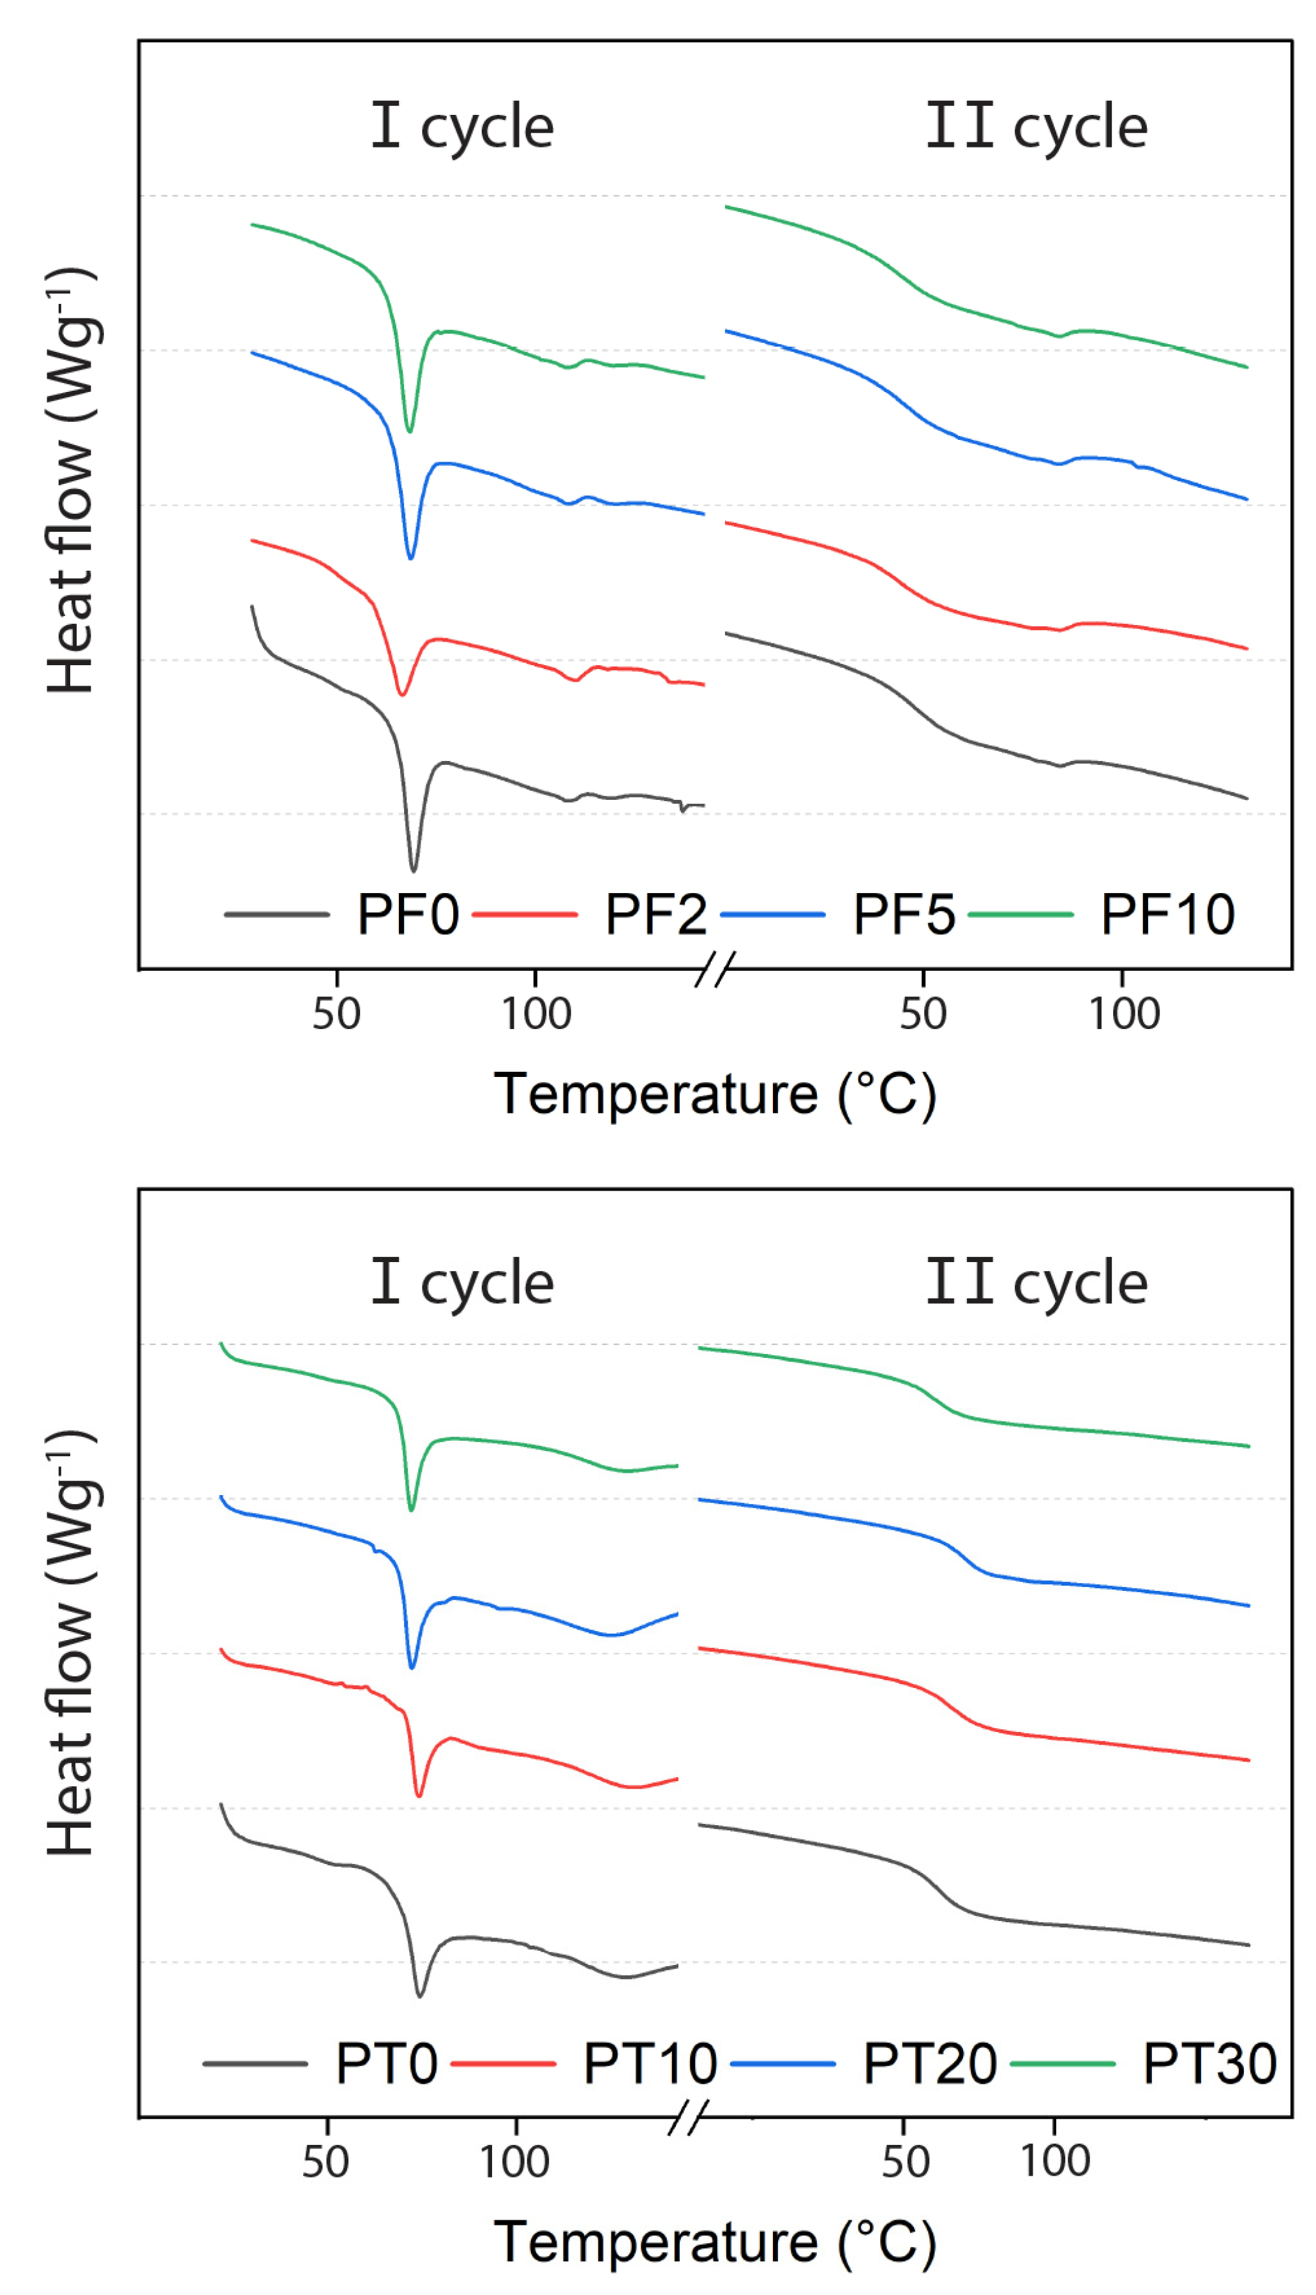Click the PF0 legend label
(x=408, y=915)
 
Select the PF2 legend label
(x=655, y=915)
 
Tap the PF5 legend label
(x=904, y=915)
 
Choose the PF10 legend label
(x=1167, y=915)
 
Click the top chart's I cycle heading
(x=462, y=126)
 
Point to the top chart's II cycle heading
(x=1036, y=126)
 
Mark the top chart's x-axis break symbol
(x=715, y=969)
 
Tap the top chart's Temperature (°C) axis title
(x=714, y=1095)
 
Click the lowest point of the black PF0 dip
(x=413, y=871)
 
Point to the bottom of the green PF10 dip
(x=410, y=431)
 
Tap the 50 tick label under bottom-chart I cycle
(x=325, y=2163)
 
